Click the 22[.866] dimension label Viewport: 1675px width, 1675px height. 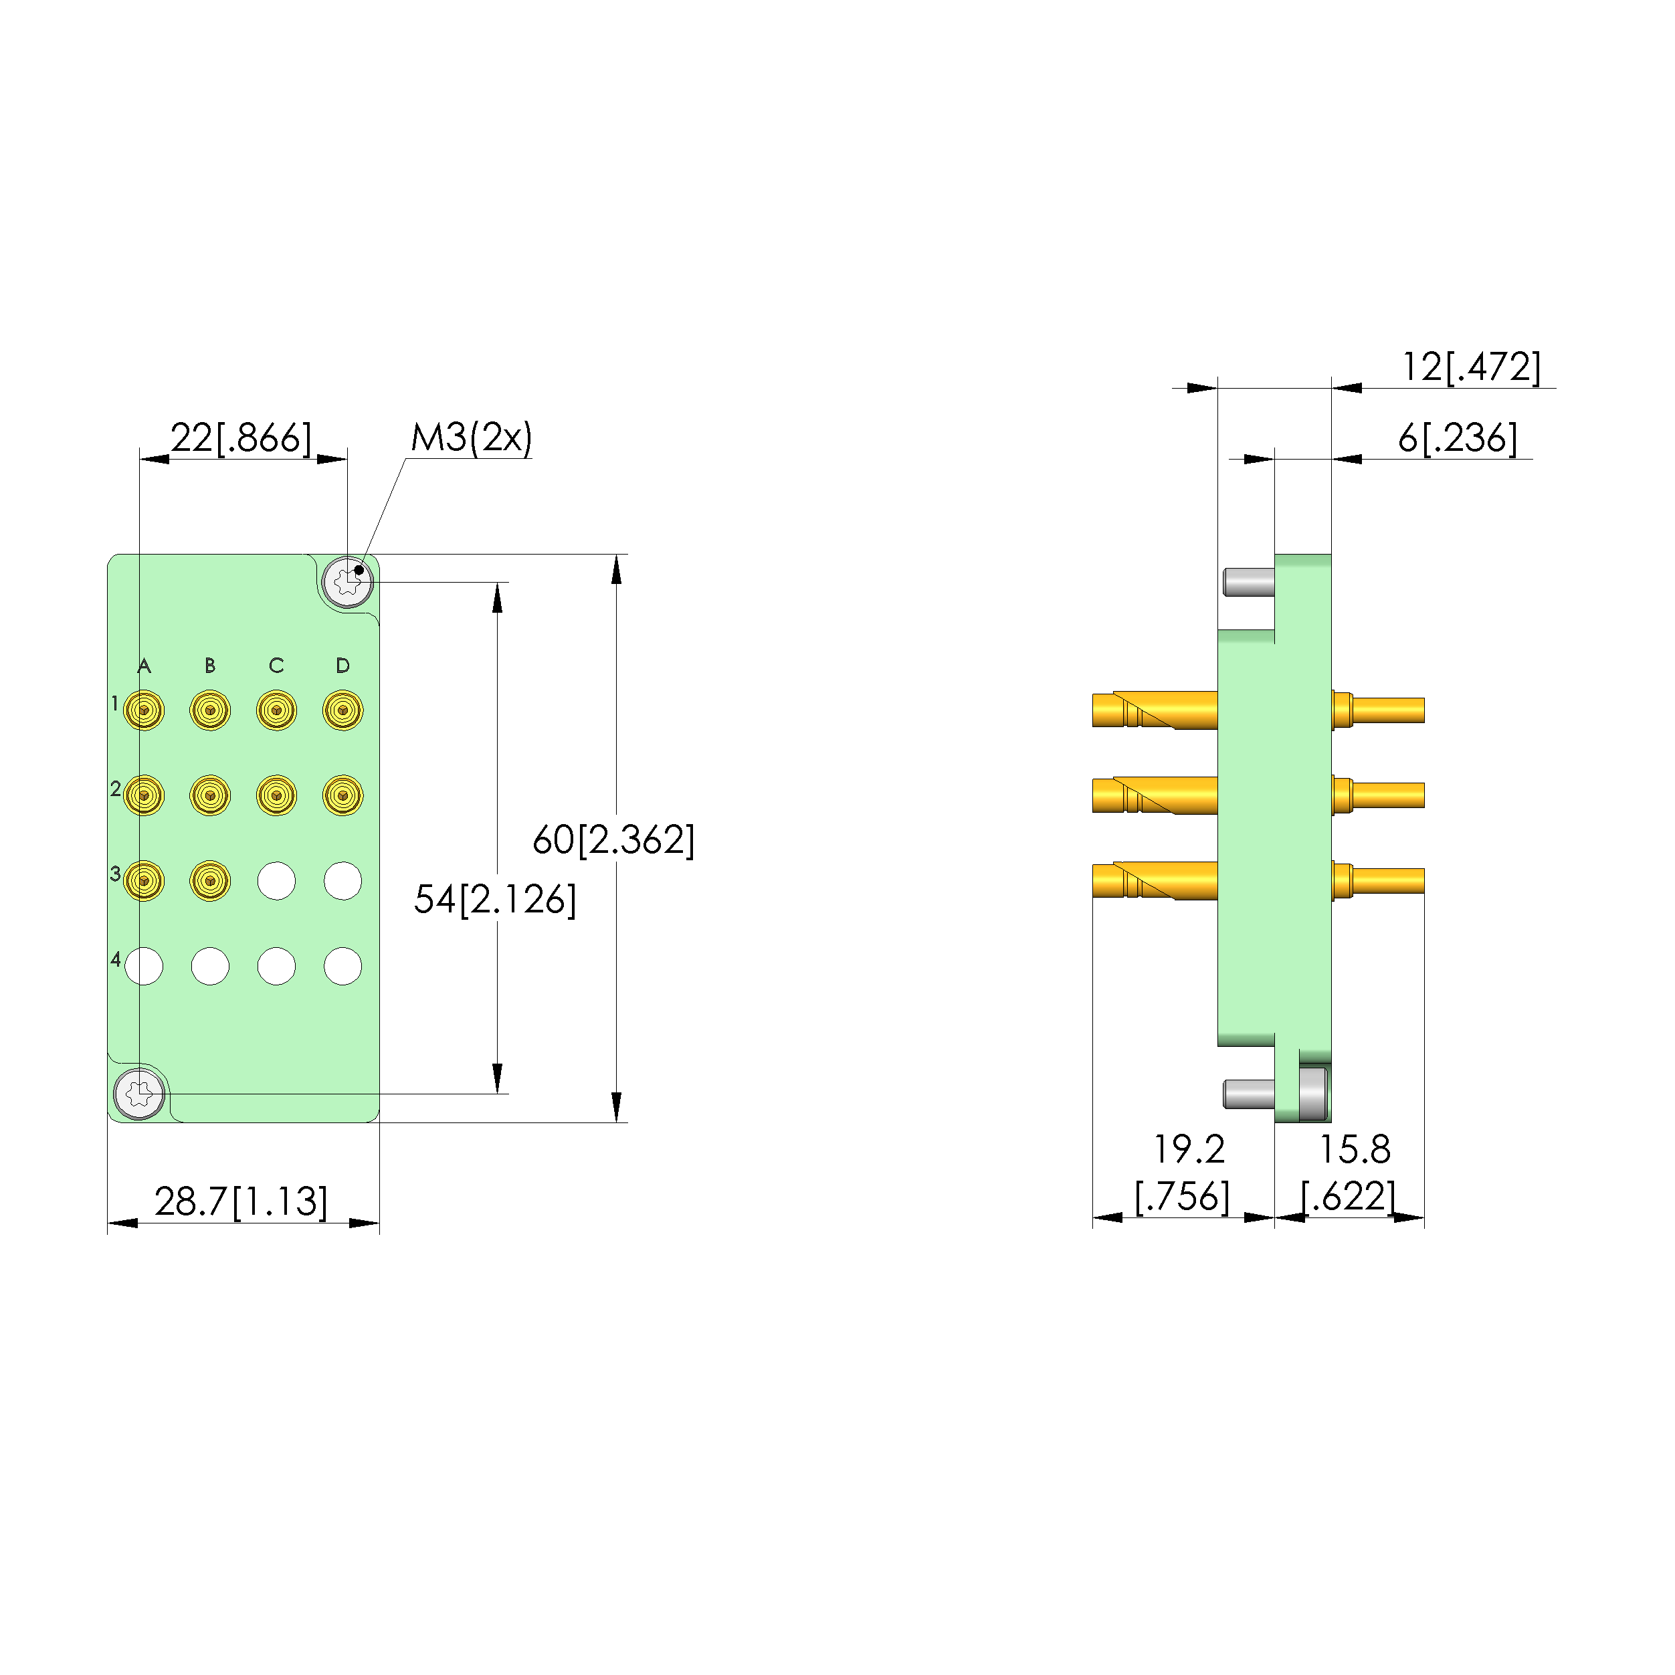(240, 438)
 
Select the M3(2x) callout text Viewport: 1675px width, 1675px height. (471, 438)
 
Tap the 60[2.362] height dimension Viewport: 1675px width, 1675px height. (613, 840)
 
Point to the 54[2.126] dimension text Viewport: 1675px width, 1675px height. (494, 899)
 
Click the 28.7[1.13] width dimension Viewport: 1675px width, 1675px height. (241, 1201)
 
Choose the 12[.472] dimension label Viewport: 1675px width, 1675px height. (1471, 367)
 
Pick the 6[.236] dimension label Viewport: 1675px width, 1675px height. (1458, 438)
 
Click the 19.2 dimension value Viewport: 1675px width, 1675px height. (1188, 1150)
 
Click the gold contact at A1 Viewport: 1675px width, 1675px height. (144, 710)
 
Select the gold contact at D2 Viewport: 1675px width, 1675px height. (342, 795)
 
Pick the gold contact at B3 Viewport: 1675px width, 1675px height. (210, 881)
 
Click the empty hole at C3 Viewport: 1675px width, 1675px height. (276, 881)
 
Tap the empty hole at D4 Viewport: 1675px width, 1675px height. (342, 966)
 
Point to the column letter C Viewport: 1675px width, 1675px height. (276, 665)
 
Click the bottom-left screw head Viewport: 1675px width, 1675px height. (140, 1093)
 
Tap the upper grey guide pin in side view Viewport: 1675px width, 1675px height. (1248, 582)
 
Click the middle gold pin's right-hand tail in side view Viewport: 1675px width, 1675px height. (1387, 795)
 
